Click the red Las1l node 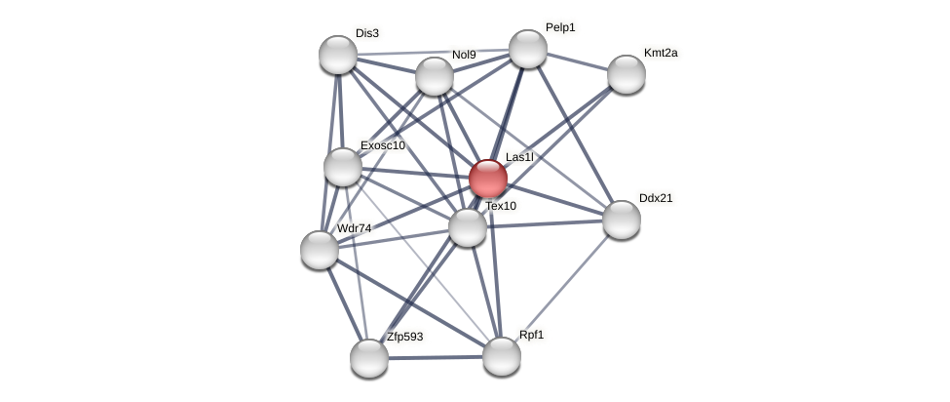(x=487, y=179)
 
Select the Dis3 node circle (x=338, y=55)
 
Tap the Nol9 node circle (x=435, y=76)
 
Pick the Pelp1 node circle (x=527, y=49)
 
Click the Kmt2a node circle (x=626, y=74)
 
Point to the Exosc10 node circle (x=343, y=167)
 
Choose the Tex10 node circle (x=468, y=227)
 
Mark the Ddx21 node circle (x=621, y=220)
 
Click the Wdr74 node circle (x=320, y=250)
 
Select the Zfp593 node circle (x=369, y=358)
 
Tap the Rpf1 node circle (x=502, y=356)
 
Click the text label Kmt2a (x=660, y=53)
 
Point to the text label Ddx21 (x=656, y=198)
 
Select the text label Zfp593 (x=404, y=338)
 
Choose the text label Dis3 (x=366, y=33)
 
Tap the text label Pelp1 (x=560, y=27)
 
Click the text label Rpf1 (x=531, y=335)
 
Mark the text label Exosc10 (x=382, y=145)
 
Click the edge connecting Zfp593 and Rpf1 (x=436, y=357)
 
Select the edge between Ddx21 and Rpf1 (x=561, y=288)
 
